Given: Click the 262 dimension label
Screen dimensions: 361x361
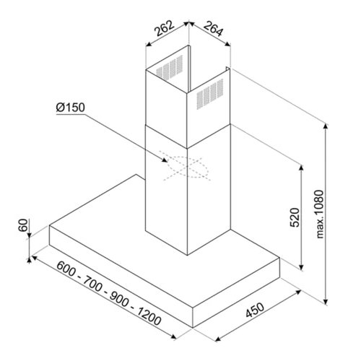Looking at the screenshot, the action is click(x=165, y=29).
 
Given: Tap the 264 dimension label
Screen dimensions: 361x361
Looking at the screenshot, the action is click(x=214, y=29).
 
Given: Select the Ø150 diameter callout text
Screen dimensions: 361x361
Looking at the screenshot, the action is click(x=71, y=108).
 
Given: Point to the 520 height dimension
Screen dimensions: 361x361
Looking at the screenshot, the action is click(x=295, y=217).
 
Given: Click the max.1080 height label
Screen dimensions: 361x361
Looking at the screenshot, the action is click(x=320, y=214).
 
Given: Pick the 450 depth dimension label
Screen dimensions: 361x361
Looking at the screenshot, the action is click(x=255, y=310).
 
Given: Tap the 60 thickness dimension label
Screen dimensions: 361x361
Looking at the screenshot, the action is click(x=23, y=225).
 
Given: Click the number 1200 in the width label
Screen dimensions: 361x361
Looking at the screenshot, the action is click(x=149, y=316).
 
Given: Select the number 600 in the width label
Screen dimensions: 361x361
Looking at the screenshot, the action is click(x=66, y=269).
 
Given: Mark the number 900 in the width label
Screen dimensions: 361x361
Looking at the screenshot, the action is click(x=119, y=299).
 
